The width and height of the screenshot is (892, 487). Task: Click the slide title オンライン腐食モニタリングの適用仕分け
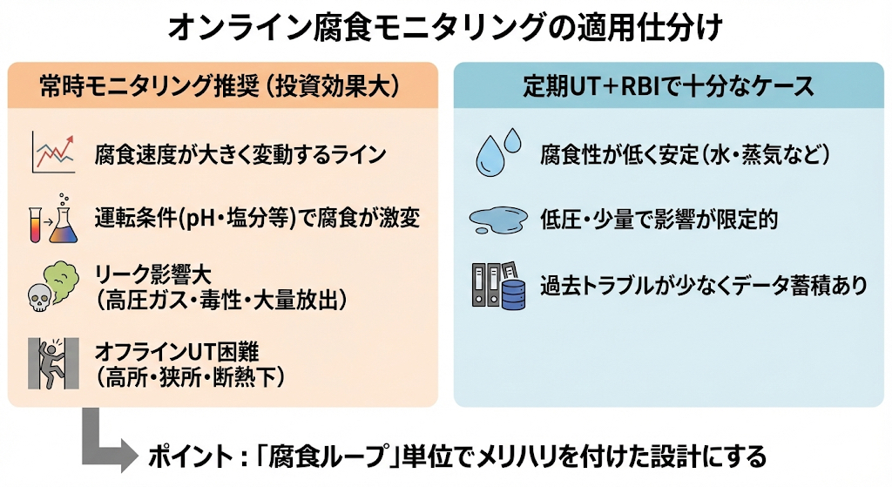tap(445, 29)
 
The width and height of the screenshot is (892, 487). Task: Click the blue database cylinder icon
tap(514, 293)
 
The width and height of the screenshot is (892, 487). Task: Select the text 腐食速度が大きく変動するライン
tap(240, 156)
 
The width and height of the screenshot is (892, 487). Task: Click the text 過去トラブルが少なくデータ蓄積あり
tap(703, 284)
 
